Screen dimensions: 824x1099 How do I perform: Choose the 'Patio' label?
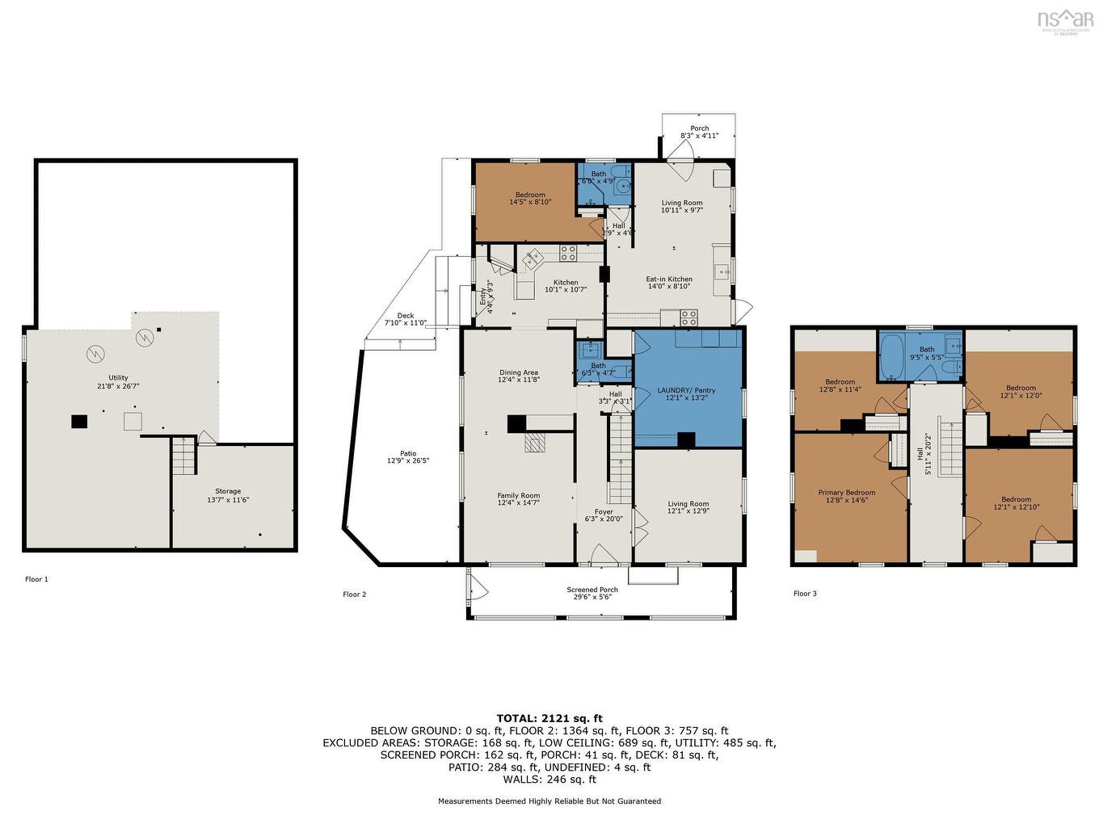[x=407, y=457]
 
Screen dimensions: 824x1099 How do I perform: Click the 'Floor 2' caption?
[x=355, y=595]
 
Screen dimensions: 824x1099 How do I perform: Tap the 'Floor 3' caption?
[x=805, y=594]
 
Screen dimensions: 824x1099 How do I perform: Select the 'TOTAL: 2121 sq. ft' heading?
[x=549, y=717]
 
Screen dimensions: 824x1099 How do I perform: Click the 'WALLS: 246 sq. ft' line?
[x=549, y=780]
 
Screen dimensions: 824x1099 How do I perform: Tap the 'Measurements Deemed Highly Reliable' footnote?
[x=549, y=801]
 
